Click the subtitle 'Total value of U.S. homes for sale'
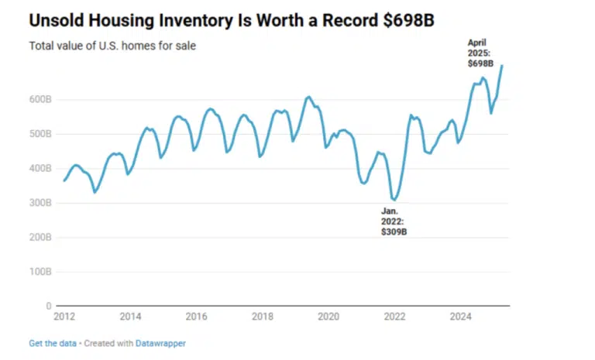point(112,46)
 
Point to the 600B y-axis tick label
point(40,99)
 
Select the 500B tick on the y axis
point(40,133)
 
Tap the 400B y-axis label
point(40,168)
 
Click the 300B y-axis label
point(40,203)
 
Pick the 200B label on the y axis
point(40,237)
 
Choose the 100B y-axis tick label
point(40,272)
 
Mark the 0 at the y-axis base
point(48,306)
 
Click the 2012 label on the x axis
point(64,317)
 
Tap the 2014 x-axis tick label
point(130,317)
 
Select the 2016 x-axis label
point(197,317)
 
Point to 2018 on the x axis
point(263,317)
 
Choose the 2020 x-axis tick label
point(328,317)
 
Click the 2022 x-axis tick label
point(395,317)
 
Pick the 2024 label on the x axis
point(461,317)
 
